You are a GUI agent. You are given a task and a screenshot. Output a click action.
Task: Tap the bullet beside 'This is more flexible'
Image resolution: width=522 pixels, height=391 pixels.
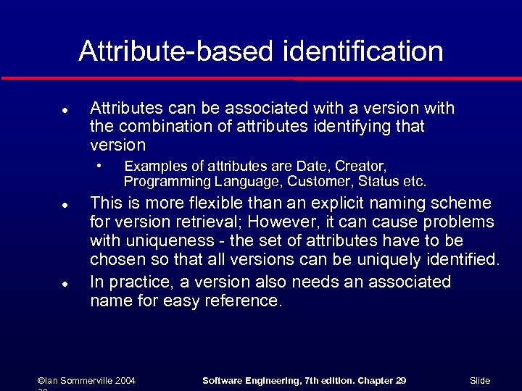tap(65, 205)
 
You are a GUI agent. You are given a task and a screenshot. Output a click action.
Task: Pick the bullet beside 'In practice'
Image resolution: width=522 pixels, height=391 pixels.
tap(65, 284)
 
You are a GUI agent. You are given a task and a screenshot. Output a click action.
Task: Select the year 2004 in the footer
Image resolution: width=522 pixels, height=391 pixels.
tap(124, 380)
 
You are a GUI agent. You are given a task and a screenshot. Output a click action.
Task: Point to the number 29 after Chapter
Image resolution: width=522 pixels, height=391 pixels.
tap(399, 380)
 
